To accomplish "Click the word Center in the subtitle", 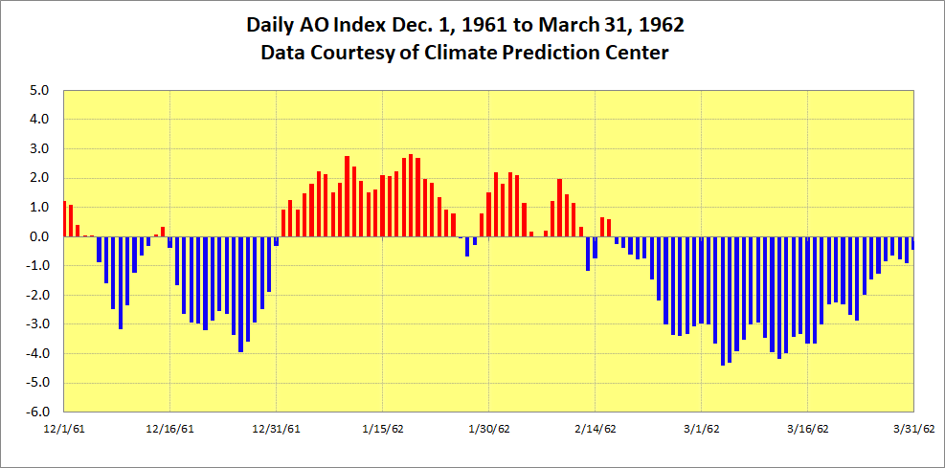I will coord(637,53).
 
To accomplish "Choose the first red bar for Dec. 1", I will coord(64,219).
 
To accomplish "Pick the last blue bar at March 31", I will coord(912,243).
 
